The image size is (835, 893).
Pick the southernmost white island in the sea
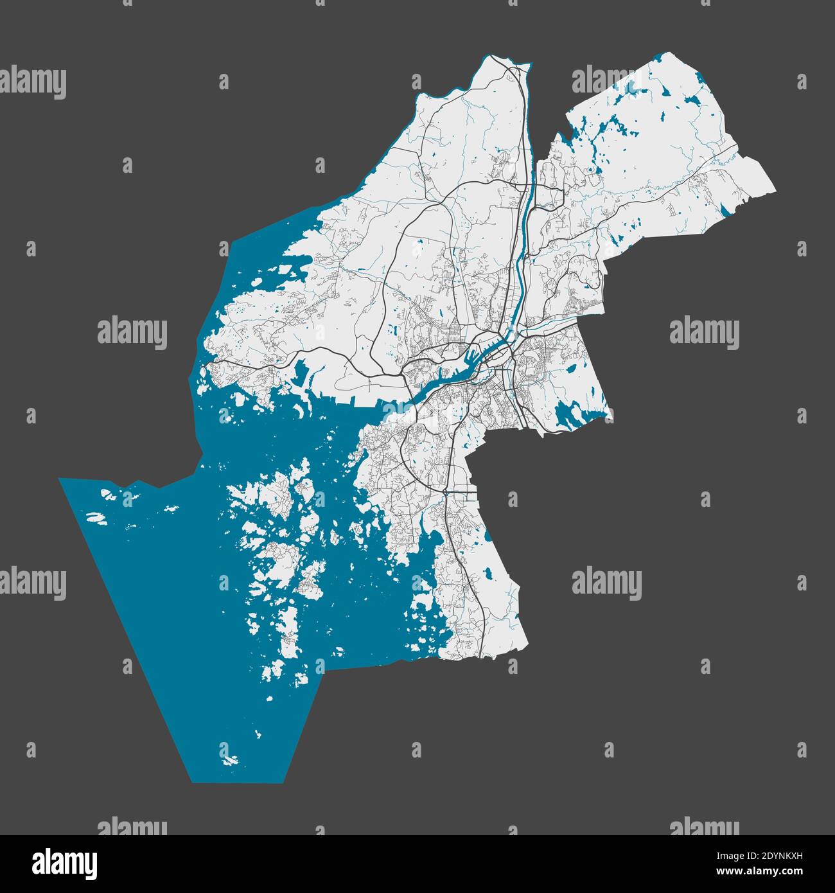231,760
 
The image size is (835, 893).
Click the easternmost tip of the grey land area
775,191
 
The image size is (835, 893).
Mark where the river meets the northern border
525,65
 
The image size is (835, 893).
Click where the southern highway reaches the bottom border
480,656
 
